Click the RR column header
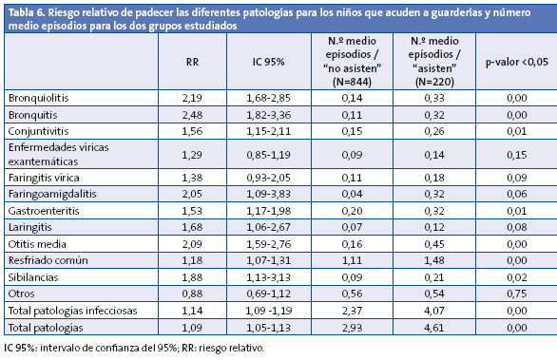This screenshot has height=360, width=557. tap(192, 63)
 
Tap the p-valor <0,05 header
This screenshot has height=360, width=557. tap(516, 63)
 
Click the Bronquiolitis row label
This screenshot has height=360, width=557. tap(37, 99)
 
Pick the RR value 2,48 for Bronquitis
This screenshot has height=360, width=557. tap(192, 114)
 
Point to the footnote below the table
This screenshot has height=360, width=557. tap(133, 349)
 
